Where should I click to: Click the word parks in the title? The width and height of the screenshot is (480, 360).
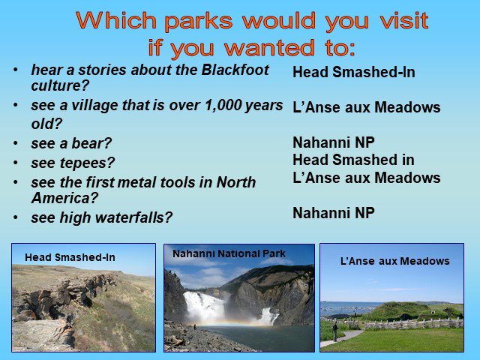[x=198, y=22]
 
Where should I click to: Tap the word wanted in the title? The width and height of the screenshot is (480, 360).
[x=269, y=48]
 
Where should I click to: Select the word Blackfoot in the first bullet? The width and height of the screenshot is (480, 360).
[x=235, y=70]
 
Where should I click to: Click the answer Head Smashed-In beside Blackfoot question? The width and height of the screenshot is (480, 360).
[x=354, y=72]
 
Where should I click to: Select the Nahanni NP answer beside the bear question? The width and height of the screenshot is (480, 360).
[x=334, y=142]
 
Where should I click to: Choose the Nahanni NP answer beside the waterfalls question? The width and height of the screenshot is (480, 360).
[x=334, y=213]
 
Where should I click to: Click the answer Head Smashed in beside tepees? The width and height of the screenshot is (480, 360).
[x=353, y=160]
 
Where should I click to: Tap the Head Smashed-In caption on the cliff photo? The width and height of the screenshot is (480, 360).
[x=70, y=257]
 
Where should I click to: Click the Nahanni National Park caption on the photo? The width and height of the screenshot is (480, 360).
[x=229, y=253]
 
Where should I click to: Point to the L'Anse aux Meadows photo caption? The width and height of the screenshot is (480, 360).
[x=395, y=261]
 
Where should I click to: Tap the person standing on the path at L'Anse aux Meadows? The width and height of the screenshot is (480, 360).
[x=335, y=331]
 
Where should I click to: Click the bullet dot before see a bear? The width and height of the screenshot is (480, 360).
[x=15, y=143]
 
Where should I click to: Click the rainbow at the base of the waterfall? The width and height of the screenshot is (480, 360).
[x=226, y=323]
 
